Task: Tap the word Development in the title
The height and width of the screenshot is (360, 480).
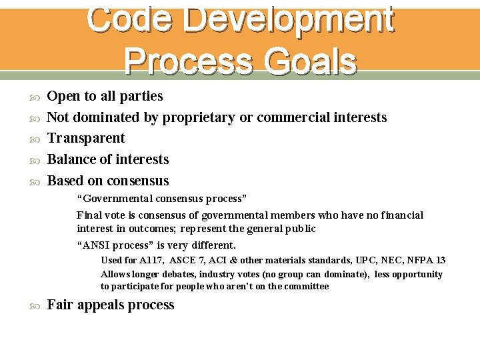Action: pos(291,20)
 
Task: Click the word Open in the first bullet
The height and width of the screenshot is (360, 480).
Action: pos(64,96)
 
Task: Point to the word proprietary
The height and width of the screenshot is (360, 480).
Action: pos(198,118)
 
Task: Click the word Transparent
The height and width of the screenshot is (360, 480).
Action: pos(87,138)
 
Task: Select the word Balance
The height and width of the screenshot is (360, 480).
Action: pos(71,159)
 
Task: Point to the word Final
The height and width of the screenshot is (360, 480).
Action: pos(89,215)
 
